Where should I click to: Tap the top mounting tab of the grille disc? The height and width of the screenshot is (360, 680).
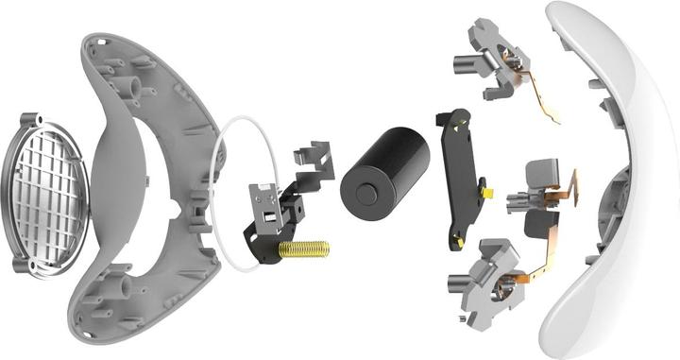[27, 120]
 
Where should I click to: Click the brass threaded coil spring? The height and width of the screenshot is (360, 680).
[303, 249]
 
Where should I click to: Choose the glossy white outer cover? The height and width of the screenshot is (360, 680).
[604, 180]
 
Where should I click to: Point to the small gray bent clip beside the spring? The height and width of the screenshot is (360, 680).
[314, 160]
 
